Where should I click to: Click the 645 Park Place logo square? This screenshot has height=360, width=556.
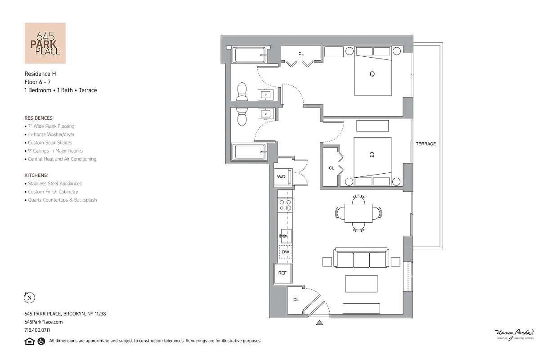pos(45,43)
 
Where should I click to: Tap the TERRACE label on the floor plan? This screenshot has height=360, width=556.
pos(426,144)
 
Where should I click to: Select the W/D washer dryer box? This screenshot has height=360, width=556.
pos(281,176)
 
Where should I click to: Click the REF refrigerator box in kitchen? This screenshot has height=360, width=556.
pos(282,273)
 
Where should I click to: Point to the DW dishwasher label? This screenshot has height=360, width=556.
pos(286,252)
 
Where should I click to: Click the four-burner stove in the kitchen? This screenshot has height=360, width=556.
pos(285,205)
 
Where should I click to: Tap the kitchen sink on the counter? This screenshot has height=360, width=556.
pos(286,236)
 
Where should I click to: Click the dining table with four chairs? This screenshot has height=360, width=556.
pos(359,213)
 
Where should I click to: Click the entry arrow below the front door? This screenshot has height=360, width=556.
pos(319,322)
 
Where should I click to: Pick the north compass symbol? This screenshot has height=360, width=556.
pos(29,297)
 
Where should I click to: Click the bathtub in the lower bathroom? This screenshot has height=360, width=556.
pos(249,152)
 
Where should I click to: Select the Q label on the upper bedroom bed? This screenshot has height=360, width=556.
pos(372,74)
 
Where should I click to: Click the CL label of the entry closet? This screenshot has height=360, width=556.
pos(296,300)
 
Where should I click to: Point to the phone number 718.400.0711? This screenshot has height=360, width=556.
pos(37,330)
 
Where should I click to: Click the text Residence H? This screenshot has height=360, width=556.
pos(40,73)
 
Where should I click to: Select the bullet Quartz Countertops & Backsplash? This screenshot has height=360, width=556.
pos(62,200)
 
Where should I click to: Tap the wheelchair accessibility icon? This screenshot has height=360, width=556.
pos(41,341)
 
